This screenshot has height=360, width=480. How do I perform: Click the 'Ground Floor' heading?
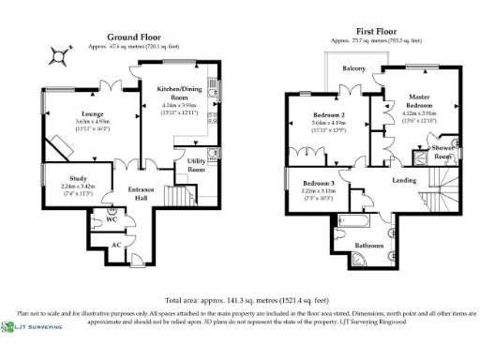130,36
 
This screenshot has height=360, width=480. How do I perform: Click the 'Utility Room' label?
197,165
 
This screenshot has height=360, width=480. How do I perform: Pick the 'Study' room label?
66,179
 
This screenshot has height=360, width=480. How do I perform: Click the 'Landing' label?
405,182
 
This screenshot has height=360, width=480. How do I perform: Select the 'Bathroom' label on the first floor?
368,247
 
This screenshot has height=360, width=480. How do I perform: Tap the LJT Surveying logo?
35,326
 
